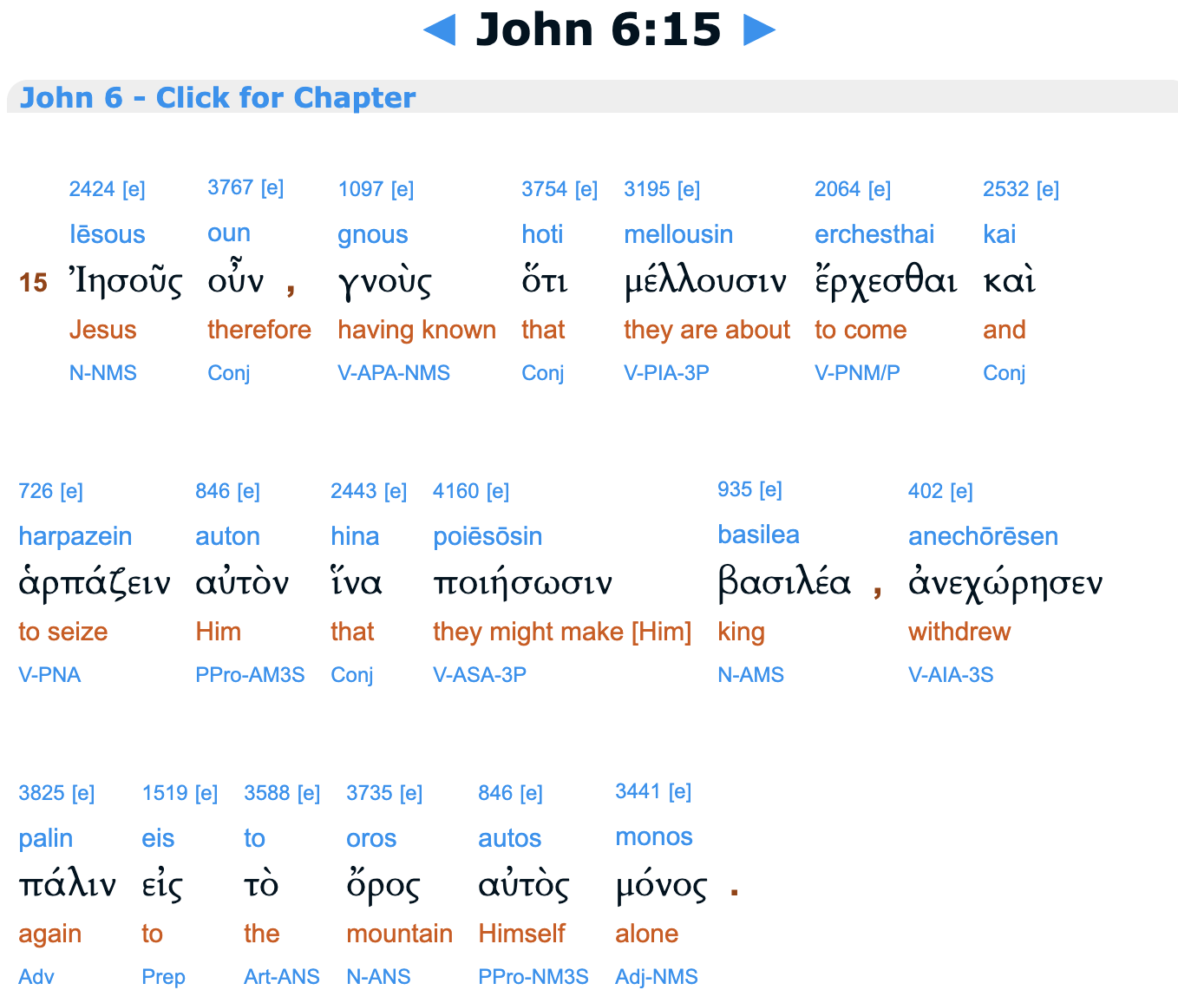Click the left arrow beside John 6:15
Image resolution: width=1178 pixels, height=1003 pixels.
[440, 31]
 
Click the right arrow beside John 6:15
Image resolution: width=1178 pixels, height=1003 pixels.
[759, 31]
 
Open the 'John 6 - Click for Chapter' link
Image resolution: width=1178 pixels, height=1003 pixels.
[218, 97]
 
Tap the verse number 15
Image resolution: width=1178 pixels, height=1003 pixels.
[33, 282]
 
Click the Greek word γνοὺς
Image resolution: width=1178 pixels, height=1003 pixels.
[384, 281]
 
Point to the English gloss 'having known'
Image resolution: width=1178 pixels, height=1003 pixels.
[416, 330]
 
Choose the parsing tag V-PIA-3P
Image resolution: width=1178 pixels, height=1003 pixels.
[666, 373]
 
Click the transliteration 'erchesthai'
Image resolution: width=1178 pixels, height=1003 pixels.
[874, 234]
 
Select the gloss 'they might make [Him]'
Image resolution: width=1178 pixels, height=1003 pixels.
[562, 632]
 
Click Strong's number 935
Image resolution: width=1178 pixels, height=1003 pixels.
[735, 489]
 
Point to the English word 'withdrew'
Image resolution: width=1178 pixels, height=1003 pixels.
[959, 632]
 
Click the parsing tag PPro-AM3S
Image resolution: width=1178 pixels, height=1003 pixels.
[250, 675]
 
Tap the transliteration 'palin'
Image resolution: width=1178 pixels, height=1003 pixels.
[45, 838]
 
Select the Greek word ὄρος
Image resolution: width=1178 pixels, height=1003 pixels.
[383, 885]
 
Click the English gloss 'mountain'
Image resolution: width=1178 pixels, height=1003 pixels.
[399, 934]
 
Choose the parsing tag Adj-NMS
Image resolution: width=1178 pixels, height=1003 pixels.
[656, 977]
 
